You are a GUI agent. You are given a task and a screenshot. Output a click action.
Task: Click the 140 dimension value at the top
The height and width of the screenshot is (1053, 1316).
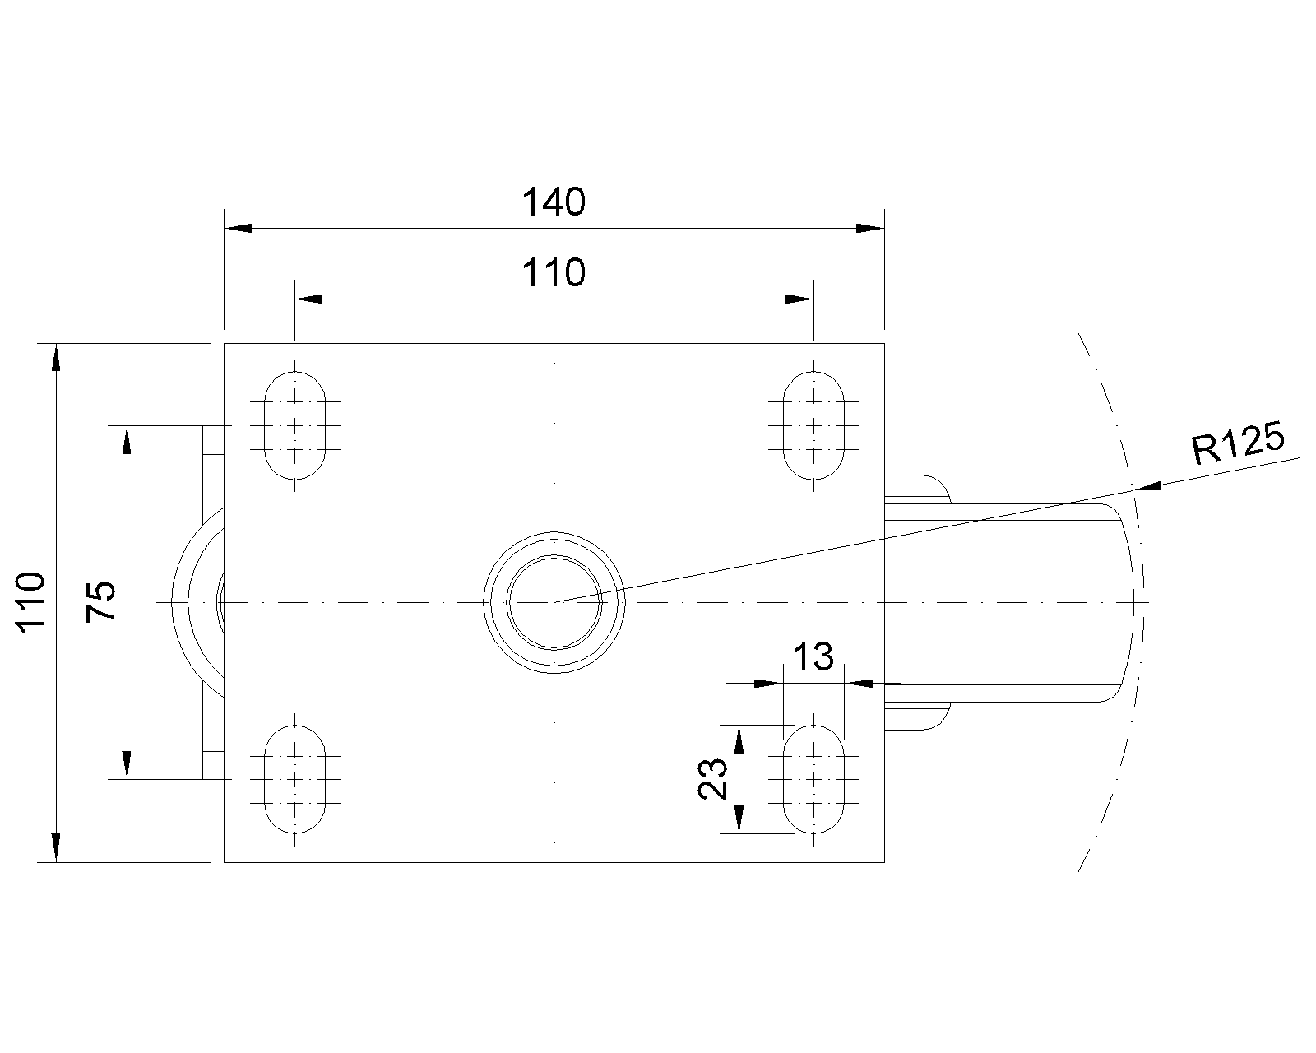554,202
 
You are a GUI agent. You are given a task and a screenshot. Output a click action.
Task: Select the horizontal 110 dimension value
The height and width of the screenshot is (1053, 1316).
554,273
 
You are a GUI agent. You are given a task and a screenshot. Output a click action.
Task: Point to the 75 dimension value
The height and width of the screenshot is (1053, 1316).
103,601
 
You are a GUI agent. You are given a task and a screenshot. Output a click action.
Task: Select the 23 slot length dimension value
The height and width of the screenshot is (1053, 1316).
713,779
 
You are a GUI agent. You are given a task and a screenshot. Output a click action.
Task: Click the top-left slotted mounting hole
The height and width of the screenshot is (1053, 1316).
295,425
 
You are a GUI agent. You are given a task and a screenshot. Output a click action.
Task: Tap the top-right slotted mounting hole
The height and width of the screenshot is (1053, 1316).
813,425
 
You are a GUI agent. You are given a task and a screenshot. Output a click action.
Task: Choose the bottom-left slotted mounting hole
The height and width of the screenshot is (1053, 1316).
295,779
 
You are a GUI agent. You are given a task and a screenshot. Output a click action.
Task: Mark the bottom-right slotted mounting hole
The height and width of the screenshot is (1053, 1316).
813,779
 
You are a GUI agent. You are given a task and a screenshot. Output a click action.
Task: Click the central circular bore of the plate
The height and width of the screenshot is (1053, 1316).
554,602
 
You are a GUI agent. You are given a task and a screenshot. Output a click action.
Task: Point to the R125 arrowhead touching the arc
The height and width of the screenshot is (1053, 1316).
1148,487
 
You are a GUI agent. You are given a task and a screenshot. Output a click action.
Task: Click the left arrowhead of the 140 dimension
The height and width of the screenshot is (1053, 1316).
239,228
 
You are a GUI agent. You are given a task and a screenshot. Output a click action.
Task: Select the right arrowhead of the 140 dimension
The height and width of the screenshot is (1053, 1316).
869,228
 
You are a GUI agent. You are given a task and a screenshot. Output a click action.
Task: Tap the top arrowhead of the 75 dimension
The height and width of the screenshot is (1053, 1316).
127,439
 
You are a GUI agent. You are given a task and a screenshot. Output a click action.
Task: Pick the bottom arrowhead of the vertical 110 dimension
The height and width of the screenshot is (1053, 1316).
55,847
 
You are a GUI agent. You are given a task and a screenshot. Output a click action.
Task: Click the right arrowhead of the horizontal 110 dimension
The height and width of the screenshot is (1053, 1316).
799,299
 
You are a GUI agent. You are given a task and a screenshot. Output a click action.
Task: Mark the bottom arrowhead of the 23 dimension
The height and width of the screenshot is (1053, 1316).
739,819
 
